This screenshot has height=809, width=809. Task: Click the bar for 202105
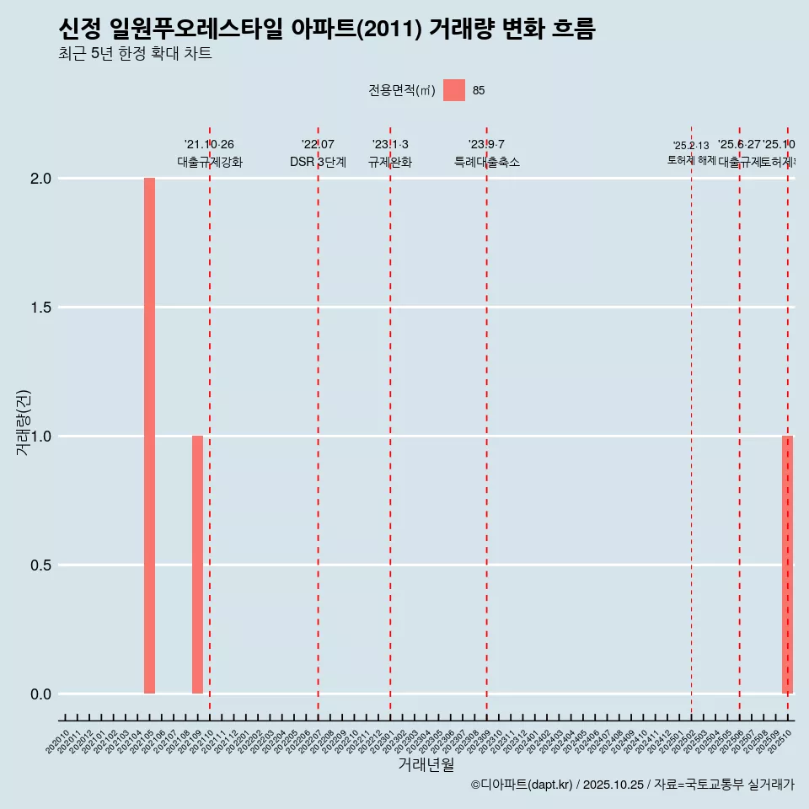[149, 436]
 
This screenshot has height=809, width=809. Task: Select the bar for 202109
[197, 565]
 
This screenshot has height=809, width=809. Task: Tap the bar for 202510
[787, 565]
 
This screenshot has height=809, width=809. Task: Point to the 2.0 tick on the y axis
[41, 179]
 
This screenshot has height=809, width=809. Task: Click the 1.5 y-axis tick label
[41, 308]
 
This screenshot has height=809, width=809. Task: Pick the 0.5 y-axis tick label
[41, 565]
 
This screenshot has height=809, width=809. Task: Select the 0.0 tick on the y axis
[41, 694]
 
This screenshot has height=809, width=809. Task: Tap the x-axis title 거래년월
[426, 765]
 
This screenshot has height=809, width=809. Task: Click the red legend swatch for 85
[454, 90]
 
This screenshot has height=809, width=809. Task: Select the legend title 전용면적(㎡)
[402, 91]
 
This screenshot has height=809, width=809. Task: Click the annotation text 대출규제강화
[209, 162]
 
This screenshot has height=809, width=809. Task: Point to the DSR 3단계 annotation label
[318, 162]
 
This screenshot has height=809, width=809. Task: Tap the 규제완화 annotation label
[389, 162]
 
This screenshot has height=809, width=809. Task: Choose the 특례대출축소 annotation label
[486, 162]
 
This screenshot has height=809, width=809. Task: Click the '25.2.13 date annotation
[691, 145]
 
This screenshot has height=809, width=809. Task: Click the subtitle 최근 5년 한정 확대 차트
[135, 54]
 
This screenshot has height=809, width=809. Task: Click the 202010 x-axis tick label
[58, 742]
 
